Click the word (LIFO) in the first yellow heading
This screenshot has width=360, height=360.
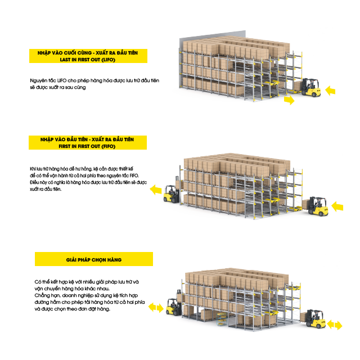pyautogui.click(x=108, y=60)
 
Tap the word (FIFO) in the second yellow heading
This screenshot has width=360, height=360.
pyautogui.click(x=108, y=146)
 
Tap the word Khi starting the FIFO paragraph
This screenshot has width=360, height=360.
pyautogui.click(x=33, y=169)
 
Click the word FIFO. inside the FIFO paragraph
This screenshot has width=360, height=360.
pyautogui.click(x=134, y=175)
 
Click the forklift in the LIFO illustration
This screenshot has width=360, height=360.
pyautogui.click(x=310, y=88)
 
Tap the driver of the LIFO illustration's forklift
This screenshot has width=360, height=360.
pyautogui.click(x=310, y=84)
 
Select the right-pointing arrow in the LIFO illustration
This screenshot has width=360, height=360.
pyautogui.click(x=289, y=100)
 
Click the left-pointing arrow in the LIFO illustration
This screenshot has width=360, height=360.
pyautogui.click(x=330, y=91)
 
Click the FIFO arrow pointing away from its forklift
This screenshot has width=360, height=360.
pyautogui.click(x=156, y=190)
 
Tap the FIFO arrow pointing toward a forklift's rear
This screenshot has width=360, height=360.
pyautogui.click(x=337, y=206)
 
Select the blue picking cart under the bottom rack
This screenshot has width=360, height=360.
pyautogui.click(x=222, y=318)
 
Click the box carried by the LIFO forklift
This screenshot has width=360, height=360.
pyautogui.click(x=298, y=85)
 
